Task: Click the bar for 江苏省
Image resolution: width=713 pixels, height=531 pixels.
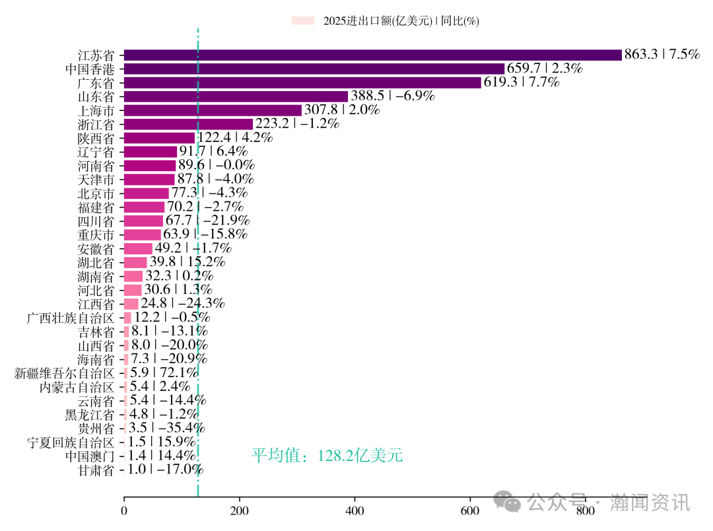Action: pyautogui.click(x=372, y=55)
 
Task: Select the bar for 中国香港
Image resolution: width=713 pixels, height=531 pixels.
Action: pyautogui.click(x=314, y=69)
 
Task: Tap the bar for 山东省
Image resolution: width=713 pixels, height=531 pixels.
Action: pyautogui.click(x=236, y=96)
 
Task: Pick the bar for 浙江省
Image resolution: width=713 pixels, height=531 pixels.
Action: pyautogui.click(x=188, y=124)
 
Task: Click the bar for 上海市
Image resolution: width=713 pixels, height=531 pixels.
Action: pyautogui.click(x=213, y=110)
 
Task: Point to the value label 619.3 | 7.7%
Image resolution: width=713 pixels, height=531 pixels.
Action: pyautogui.click(x=522, y=83)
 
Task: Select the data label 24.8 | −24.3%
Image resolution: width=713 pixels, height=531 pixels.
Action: pyautogui.click(x=183, y=304)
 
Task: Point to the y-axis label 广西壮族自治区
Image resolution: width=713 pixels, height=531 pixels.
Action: pyautogui.click(x=70, y=318)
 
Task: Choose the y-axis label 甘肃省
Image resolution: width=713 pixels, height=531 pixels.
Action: pyautogui.click(x=96, y=470)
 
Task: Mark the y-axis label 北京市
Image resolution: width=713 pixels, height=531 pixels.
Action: pyautogui.click(x=96, y=194)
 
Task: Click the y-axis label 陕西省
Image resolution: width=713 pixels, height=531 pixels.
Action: pyautogui.click(x=96, y=138)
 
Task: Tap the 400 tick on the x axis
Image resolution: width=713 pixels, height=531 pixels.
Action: pyautogui.click(x=355, y=511)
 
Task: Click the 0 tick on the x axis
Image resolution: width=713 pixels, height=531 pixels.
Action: pyautogui.click(x=124, y=511)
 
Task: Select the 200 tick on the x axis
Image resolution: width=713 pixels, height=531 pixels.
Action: pyautogui.click(x=240, y=511)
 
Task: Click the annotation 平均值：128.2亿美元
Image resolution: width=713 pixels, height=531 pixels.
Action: pyautogui.click(x=327, y=456)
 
